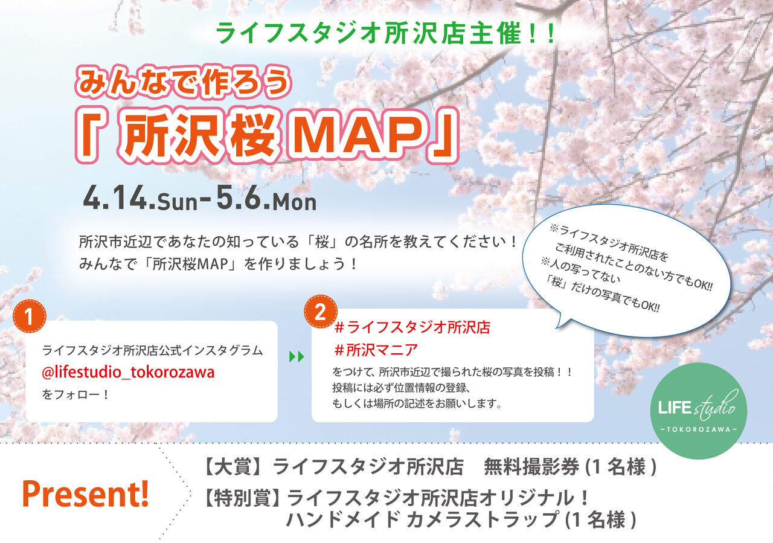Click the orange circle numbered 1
tap(29, 316)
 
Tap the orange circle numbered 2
tap(321, 312)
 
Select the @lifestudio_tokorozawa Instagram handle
tap(128, 373)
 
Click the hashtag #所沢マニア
tap(376, 350)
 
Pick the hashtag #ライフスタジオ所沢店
tap(412, 327)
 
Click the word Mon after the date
tap(294, 202)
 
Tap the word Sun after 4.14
tap(177, 202)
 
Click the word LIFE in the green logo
tap(675, 408)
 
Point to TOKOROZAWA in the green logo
tap(699, 430)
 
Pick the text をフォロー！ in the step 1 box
tap(75, 394)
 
